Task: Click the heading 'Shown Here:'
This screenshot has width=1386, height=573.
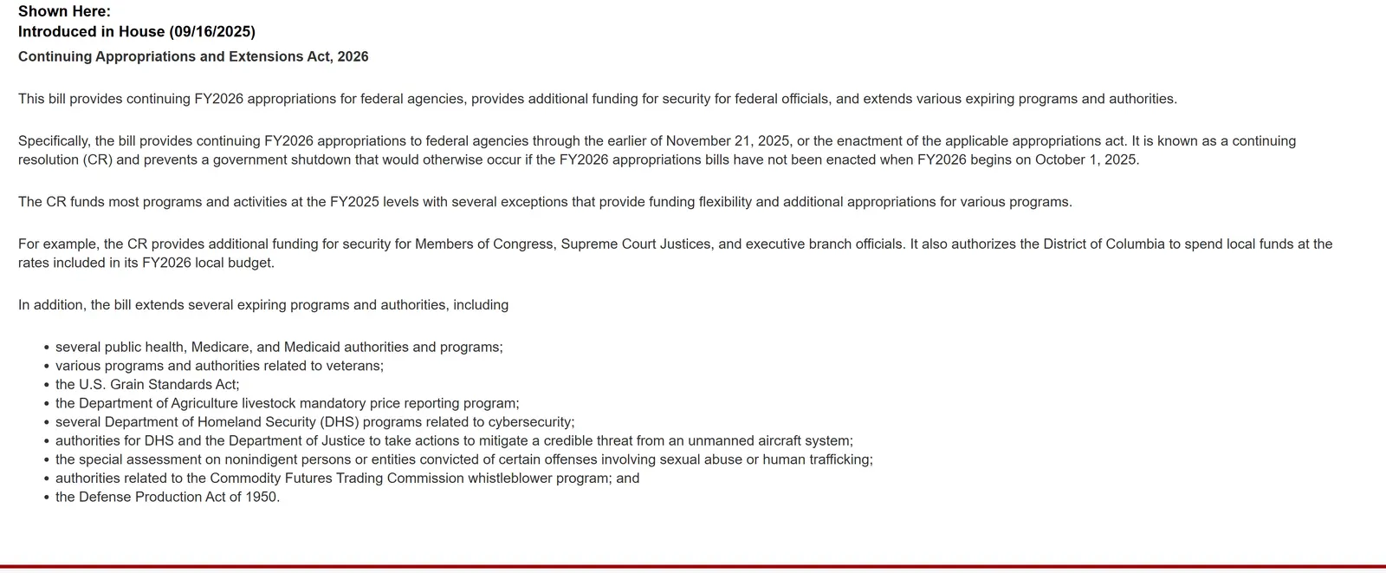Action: (64, 11)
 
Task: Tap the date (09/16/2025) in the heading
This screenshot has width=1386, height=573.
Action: (212, 32)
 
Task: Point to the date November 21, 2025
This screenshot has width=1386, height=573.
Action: (722, 141)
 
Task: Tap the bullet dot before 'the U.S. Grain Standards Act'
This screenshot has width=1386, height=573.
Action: (46, 385)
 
